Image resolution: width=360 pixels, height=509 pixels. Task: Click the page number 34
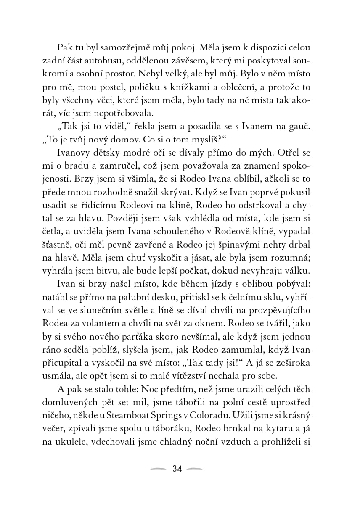[x=177, y=469]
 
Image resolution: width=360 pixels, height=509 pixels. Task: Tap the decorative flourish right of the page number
[x=195, y=469]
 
